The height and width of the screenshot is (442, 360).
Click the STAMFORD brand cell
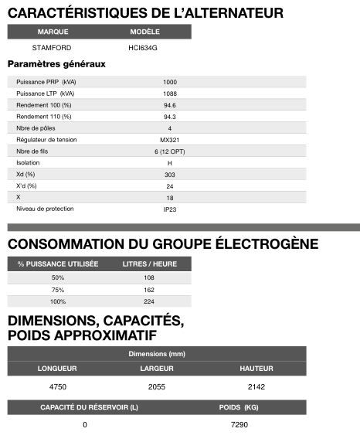[x=53, y=47]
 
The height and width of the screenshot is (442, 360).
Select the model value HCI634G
[x=144, y=47]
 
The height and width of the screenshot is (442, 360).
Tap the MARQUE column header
[x=53, y=32]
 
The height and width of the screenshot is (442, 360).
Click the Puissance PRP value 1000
[x=170, y=82]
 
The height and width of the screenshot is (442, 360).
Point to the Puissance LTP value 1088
[x=170, y=93]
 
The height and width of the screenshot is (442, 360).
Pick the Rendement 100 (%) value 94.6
[x=170, y=105]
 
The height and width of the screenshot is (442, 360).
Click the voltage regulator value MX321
[x=170, y=140]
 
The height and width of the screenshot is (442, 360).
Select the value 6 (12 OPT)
[x=170, y=151]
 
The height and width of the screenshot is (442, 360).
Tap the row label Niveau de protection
[x=45, y=209]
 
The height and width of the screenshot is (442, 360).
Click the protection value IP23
[x=170, y=209]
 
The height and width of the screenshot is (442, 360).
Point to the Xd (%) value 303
[x=170, y=175]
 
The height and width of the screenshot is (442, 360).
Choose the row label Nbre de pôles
[x=36, y=128]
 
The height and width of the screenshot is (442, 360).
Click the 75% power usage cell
[x=58, y=290]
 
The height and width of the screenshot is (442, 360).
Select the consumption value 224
[x=150, y=301]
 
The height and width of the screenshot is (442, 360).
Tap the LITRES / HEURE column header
[x=150, y=264]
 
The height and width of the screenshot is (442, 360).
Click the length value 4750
[x=58, y=385]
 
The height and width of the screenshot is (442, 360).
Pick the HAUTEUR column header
[x=256, y=368]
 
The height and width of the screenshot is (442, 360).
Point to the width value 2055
[x=157, y=385]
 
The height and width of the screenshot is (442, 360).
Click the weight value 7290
[x=239, y=425]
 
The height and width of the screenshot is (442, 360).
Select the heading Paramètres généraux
[x=56, y=64]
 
